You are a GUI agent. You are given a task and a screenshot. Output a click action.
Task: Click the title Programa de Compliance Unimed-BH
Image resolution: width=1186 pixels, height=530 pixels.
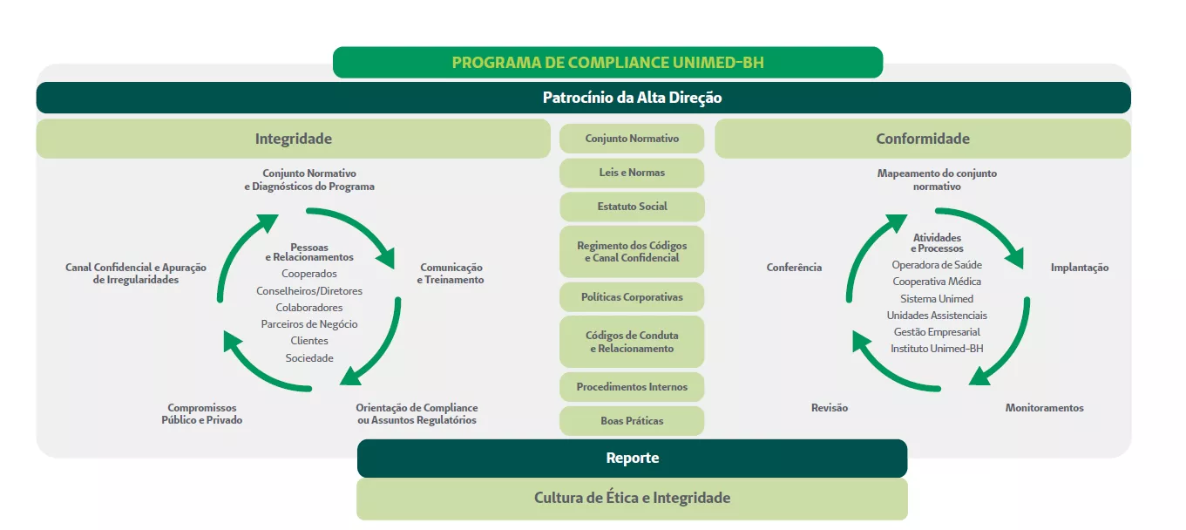click(x=607, y=63)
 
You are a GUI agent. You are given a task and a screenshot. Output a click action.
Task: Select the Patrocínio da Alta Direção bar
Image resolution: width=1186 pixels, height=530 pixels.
click(x=632, y=98)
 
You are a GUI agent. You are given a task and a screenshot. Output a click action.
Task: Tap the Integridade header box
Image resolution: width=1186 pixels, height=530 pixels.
click(x=293, y=139)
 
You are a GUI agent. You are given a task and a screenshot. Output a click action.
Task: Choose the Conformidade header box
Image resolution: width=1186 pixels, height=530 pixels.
click(x=922, y=139)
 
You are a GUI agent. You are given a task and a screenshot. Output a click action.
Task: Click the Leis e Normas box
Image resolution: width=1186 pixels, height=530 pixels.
click(x=632, y=173)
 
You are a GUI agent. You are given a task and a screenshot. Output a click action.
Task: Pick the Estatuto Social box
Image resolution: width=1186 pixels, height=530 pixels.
click(x=632, y=207)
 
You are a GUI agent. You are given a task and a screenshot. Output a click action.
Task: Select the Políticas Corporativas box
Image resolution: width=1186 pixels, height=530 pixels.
click(x=632, y=297)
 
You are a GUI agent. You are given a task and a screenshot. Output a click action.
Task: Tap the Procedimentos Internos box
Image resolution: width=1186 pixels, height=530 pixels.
click(x=632, y=387)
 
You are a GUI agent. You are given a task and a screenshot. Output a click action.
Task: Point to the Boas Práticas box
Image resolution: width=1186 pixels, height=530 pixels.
click(x=632, y=421)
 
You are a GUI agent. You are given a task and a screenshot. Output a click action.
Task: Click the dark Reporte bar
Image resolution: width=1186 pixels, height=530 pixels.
click(x=632, y=458)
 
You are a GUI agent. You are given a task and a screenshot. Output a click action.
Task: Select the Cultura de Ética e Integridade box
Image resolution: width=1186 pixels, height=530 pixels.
click(x=632, y=499)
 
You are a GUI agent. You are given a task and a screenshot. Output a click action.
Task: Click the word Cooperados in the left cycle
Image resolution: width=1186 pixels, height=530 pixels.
click(x=309, y=274)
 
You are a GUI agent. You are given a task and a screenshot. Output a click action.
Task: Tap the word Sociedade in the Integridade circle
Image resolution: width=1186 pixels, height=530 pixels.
click(x=309, y=358)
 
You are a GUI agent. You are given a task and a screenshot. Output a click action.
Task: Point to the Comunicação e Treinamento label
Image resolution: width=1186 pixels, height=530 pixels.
click(x=451, y=274)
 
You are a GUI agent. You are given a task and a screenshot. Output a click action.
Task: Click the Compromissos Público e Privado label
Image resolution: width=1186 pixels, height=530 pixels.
click(x=202, y=414)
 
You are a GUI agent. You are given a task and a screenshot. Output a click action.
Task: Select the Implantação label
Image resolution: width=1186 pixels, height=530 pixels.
click(x=1080, y=268)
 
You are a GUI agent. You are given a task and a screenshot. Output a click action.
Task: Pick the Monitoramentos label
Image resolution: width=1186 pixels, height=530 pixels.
click(x=1044, y=408)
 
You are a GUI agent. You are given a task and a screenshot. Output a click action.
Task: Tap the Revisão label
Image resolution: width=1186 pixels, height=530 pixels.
click(x=829, y=408)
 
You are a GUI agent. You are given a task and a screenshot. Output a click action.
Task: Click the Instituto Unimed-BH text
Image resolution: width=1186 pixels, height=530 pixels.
click(x=937, y=349)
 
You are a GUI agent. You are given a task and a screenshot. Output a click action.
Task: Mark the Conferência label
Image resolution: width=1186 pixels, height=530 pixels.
click(x=794, y=268)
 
